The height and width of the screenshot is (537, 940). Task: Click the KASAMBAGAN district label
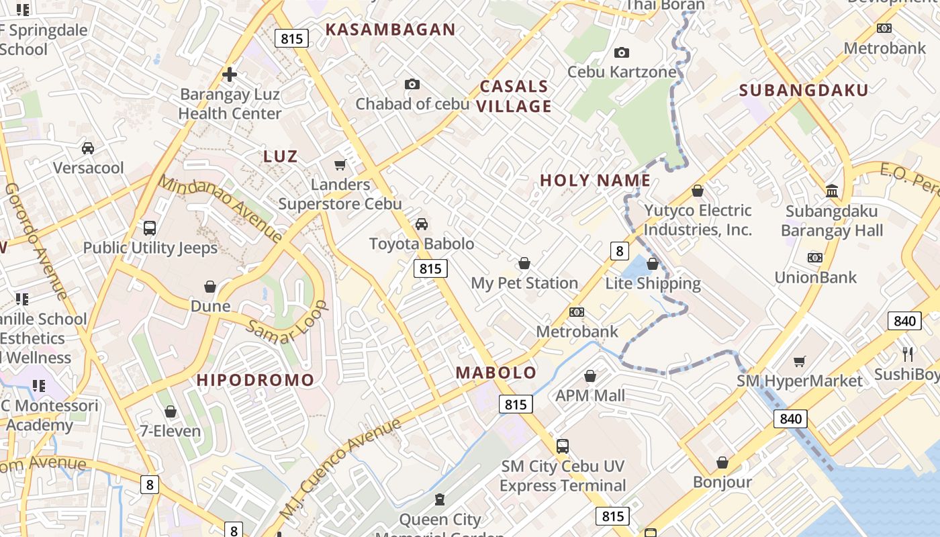pos(390,30)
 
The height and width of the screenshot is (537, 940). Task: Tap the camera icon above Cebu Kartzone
pos(622,52)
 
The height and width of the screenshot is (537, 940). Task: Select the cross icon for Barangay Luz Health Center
pos(230,75)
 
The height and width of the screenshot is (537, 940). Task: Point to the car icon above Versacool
pos(88,148)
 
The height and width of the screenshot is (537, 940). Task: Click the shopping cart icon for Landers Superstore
pos(340,164)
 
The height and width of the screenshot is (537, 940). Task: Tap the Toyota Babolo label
pos(422,244)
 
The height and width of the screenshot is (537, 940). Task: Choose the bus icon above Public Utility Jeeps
pos(150,228)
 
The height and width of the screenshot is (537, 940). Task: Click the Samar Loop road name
pos(287,328)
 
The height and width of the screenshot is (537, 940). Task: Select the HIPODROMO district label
pos(255,380)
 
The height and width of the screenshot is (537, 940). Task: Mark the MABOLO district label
pos(496,373)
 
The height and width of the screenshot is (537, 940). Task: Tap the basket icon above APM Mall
pos(590,376)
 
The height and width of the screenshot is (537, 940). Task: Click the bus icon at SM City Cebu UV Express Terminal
pos(563,446)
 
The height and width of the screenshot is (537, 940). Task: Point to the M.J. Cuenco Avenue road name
pos(340,469)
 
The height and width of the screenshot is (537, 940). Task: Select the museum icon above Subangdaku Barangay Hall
pos(832,191)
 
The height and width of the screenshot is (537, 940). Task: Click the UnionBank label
pos(815,277)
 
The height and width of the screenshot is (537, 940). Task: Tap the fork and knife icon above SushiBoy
pos(908,354)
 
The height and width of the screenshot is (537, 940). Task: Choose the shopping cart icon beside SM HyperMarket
pos(799,362)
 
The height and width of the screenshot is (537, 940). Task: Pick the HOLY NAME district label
pos(595,180)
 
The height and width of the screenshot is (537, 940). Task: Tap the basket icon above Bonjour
pos(722,462)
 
